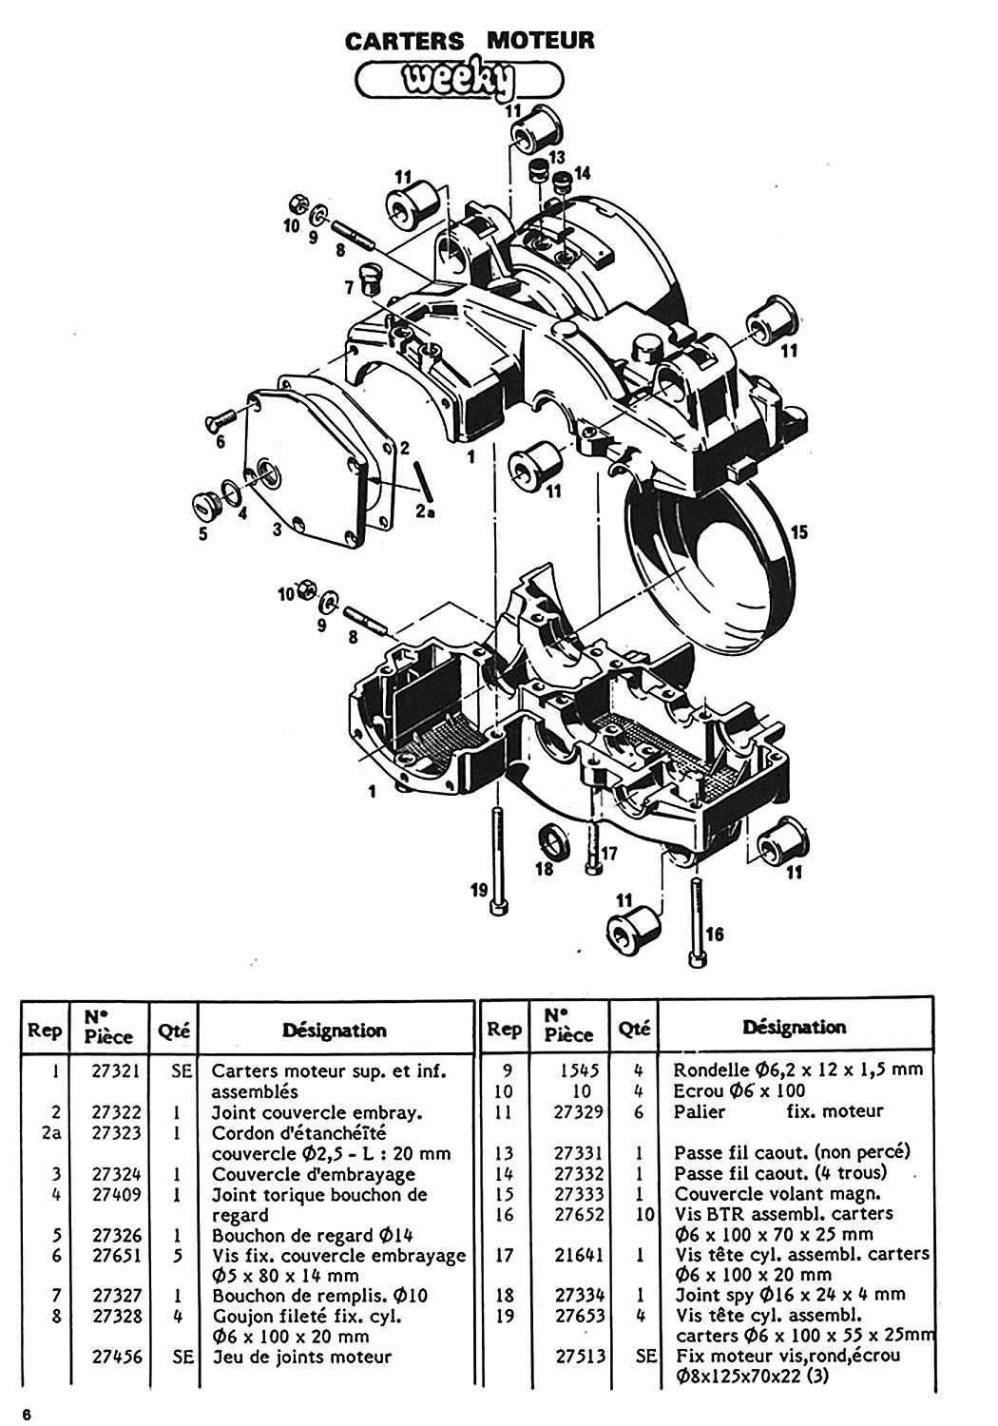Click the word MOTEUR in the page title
coord(540,41)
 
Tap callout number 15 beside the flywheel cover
coord(798,532)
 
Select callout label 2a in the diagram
coord(426,510)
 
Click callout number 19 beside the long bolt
coord(479,890)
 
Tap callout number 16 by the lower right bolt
coord(715,935)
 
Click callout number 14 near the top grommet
coord(582,173)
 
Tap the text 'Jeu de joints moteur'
coord(301,1357)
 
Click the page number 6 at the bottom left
coord(29,1414)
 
